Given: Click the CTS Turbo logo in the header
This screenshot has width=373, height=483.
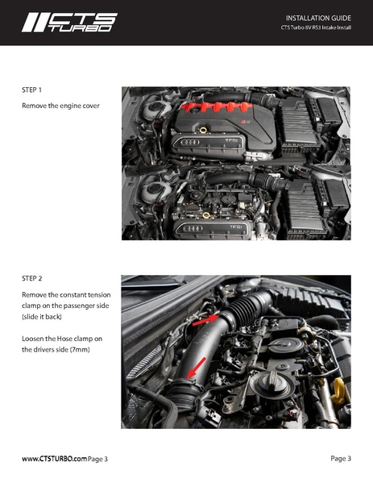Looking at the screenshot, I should click(68, 22).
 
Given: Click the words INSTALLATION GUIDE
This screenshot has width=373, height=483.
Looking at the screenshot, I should click(318, 17).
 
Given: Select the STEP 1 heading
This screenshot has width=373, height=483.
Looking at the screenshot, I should click(32, 90).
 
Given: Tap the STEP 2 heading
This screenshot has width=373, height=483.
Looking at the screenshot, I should click(32, 278).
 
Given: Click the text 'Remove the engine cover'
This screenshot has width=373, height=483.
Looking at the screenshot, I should click(60, 106).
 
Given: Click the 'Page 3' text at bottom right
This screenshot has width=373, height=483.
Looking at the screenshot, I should click(340, 458).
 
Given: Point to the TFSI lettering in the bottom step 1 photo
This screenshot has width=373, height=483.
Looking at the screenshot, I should click(236, 227).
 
